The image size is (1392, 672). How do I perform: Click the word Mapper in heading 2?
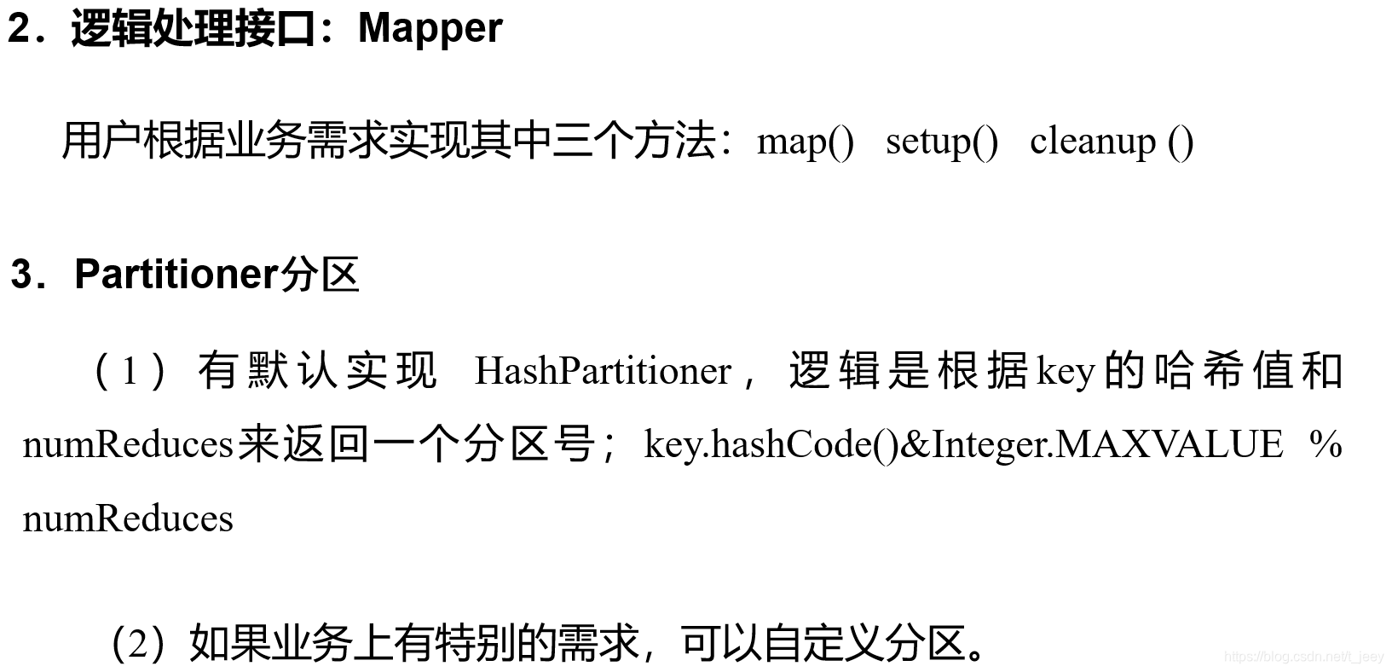(x=430, y=28)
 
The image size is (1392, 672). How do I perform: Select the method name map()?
(x=805, y=141)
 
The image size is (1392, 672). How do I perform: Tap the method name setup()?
(x=941, y=141)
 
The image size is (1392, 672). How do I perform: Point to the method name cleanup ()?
(x=1111, y=141)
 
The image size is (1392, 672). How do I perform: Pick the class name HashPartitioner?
(x=603, y=371)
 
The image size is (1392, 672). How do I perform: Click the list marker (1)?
(x=130, y=371)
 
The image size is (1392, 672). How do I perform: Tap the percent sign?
(x=1325, y=444)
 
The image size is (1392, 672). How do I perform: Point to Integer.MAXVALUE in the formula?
(x=1106, y=444)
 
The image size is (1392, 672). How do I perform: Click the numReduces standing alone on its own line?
(x=128, y=518)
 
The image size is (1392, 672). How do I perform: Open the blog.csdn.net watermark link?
(x=1303, y=657)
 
